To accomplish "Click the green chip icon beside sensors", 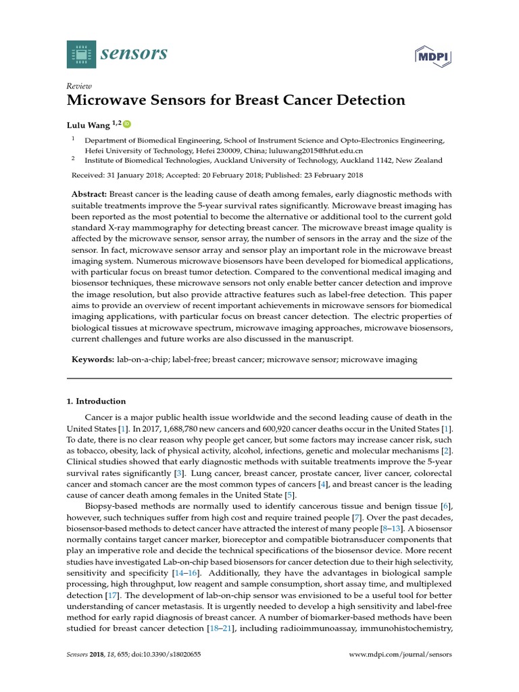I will [x=82, y=54].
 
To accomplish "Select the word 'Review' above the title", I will [x=79, y=86].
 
